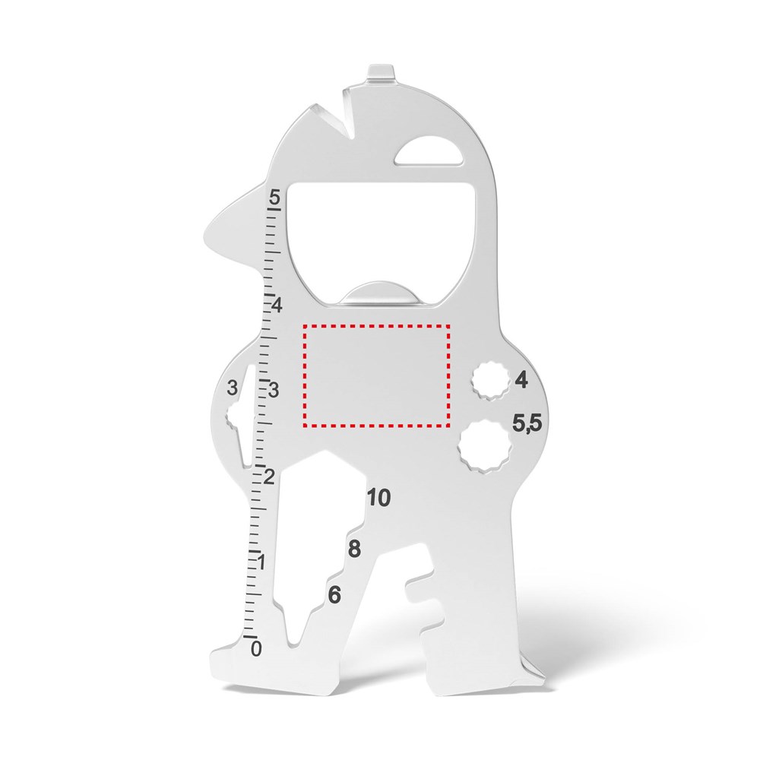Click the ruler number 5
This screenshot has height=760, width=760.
275,198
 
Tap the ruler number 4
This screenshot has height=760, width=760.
277,306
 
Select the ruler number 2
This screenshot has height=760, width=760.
269,477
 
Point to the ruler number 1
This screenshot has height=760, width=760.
261,562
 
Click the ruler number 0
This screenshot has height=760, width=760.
256,648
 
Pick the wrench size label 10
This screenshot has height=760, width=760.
378,498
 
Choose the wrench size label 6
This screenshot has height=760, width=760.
334,595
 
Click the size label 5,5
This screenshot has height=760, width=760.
527,423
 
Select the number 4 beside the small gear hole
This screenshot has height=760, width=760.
521,379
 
